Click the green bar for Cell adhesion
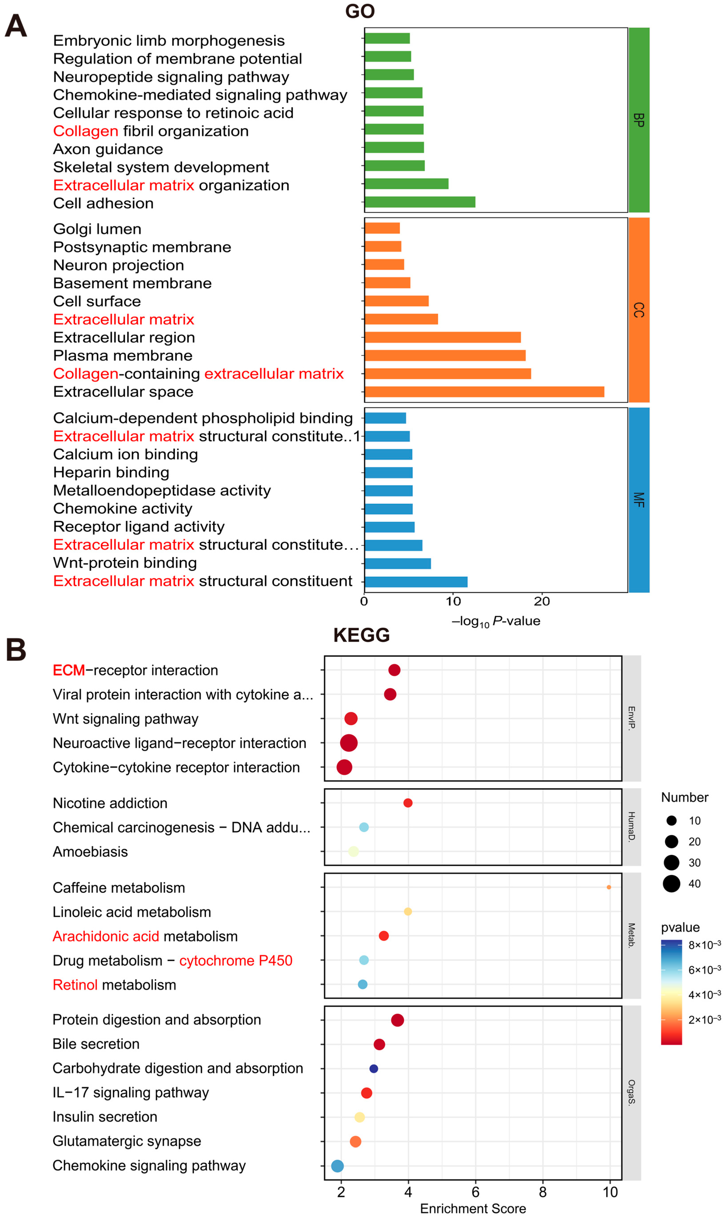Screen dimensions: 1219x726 [420, 202]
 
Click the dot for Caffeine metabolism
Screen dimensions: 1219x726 [609, 887]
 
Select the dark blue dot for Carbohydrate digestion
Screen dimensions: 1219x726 [374, 1069]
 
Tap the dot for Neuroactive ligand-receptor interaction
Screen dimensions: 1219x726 [349, 743]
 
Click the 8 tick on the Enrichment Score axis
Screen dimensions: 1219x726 [542, 1192]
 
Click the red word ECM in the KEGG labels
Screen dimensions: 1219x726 [68, 670]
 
